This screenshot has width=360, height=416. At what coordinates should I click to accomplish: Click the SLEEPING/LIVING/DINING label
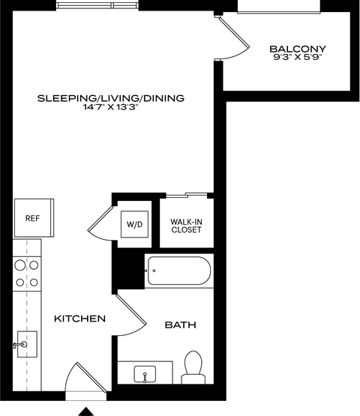click(110, 97)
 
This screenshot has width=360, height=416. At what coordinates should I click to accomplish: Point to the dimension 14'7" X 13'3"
click(111, 108)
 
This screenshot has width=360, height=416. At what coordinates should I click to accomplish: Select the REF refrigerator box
click(32, 218)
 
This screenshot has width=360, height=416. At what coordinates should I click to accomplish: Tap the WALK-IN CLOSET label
click(185, 226)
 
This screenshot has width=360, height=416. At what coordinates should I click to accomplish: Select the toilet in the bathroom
click(193, 367)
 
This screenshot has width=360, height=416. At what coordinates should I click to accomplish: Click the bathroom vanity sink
click(144, 373)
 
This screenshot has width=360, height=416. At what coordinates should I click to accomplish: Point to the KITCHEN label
click(79, 319)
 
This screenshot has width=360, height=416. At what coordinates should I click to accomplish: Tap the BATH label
click(180, 325)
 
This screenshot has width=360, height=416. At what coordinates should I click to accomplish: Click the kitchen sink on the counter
click(25, 345)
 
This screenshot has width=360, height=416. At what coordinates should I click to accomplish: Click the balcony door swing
click(234, 40)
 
